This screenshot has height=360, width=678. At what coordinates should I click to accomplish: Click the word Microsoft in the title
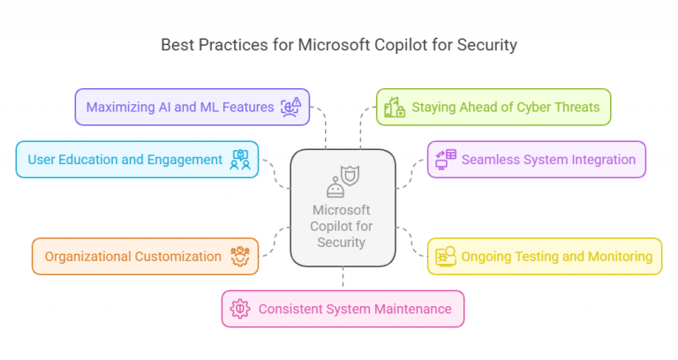(334, 45)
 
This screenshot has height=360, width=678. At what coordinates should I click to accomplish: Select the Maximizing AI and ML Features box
(192, 107)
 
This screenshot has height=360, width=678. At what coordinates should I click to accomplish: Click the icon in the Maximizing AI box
(290, 107)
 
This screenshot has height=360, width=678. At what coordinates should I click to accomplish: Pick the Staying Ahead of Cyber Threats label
(506, 107)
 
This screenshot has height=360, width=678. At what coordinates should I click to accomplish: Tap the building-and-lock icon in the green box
(395, 107)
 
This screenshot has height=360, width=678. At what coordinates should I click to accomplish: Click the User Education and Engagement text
(125, 160)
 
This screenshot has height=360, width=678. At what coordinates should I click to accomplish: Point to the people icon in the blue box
(240, 160)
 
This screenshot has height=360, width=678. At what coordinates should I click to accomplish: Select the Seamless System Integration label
(548, 160)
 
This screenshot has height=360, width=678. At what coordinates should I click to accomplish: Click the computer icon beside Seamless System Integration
(446, 160)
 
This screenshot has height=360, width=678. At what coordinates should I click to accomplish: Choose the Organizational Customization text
(132, 256)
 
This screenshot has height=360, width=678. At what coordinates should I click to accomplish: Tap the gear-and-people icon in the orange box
(240, 256)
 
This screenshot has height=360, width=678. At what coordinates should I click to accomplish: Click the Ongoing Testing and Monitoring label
(556, 256)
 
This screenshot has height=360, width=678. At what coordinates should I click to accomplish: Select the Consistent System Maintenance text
(355, 309)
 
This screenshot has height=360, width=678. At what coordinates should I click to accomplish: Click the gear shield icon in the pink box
(240, 309)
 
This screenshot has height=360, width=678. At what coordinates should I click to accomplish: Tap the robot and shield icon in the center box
(343, 182)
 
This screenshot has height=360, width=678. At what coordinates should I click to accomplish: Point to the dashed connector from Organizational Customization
(275, 242)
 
